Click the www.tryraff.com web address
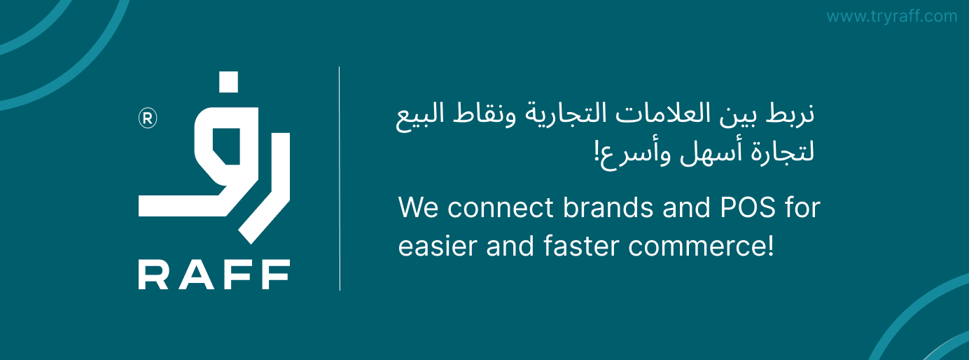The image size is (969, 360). [891, 16]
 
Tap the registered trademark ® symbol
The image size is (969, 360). [148, 118]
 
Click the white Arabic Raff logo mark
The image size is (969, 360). [214, 158]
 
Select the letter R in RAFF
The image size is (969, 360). [153, 275]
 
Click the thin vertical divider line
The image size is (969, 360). [340, 179]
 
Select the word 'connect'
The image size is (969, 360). [501, 209]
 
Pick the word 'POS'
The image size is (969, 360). [748, 208]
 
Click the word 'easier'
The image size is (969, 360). [438, 247]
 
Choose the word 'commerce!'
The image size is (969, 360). [701, 247]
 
